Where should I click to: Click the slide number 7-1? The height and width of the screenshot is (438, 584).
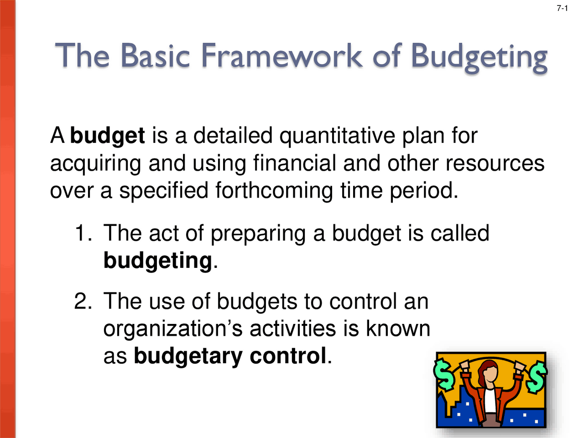[x=562, y=8]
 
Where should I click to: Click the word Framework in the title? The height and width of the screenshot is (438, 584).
[x=282, y=56]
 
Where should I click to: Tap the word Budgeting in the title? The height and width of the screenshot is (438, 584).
[x=479, y=57]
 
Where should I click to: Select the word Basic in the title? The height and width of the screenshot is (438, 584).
[x=155, y=56]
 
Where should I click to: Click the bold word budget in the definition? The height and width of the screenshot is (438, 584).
[x=107, y=136]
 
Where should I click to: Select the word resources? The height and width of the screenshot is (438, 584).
[x=495, y=163]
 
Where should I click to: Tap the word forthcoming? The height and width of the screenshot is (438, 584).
[x=274, y=191]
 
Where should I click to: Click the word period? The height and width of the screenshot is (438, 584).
[x=423, y=191]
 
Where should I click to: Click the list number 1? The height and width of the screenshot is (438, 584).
[x=82, y=233]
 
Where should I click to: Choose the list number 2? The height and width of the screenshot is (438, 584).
[x=82, y=302]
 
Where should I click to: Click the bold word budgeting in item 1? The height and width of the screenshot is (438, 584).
[x=158, y=261]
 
